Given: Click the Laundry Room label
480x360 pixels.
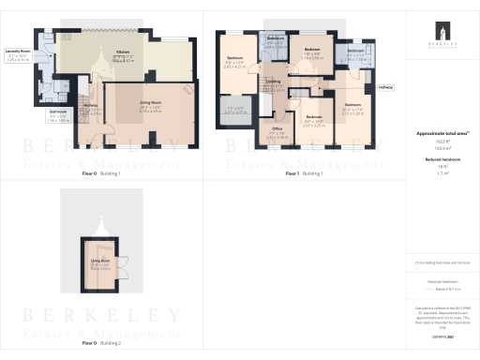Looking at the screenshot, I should click(17, 51).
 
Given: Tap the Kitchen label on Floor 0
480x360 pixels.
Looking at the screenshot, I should click(123, 52).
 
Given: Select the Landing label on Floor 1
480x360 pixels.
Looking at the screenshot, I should click(274, 82).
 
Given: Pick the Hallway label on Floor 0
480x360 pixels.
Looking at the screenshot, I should click(91, 105).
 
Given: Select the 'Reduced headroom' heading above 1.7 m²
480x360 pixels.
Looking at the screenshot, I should click(440, 160).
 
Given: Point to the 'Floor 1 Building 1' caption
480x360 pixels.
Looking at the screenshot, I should click(303, 174).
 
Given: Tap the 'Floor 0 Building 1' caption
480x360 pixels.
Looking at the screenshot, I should click(100, 174).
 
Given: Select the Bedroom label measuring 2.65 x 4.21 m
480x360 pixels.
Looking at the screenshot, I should click(234, 63).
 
